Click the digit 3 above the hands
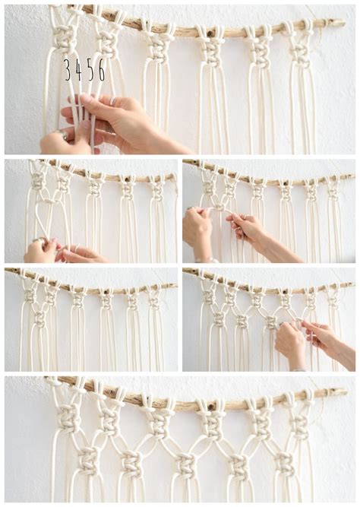pyautogui.click(x=68, y=70)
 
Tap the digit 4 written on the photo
pyautogui.click(x=79, y=70)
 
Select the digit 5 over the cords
pyautogui.click(x=90, y=70)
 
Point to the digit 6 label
pyautogui.click(x=101, y=70)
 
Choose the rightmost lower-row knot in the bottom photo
pyautogui.click(x=286, y=461)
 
